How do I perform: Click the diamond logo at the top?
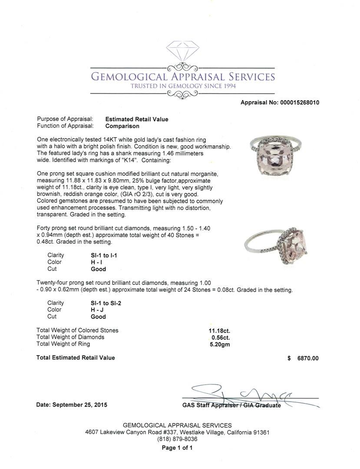(182, 54)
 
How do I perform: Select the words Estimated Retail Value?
(137, 119)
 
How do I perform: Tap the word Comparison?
(122, 126)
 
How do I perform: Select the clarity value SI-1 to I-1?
(101, 255)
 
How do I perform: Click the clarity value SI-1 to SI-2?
(102, 303)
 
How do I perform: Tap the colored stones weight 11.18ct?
(219, 330)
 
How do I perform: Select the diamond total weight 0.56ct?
(221, 337)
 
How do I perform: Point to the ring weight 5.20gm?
(220, 344)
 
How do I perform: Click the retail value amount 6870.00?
(307, 358)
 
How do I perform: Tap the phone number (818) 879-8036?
(177, 439)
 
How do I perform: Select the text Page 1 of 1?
(177, 448)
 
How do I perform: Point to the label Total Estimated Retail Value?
(76, 358)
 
